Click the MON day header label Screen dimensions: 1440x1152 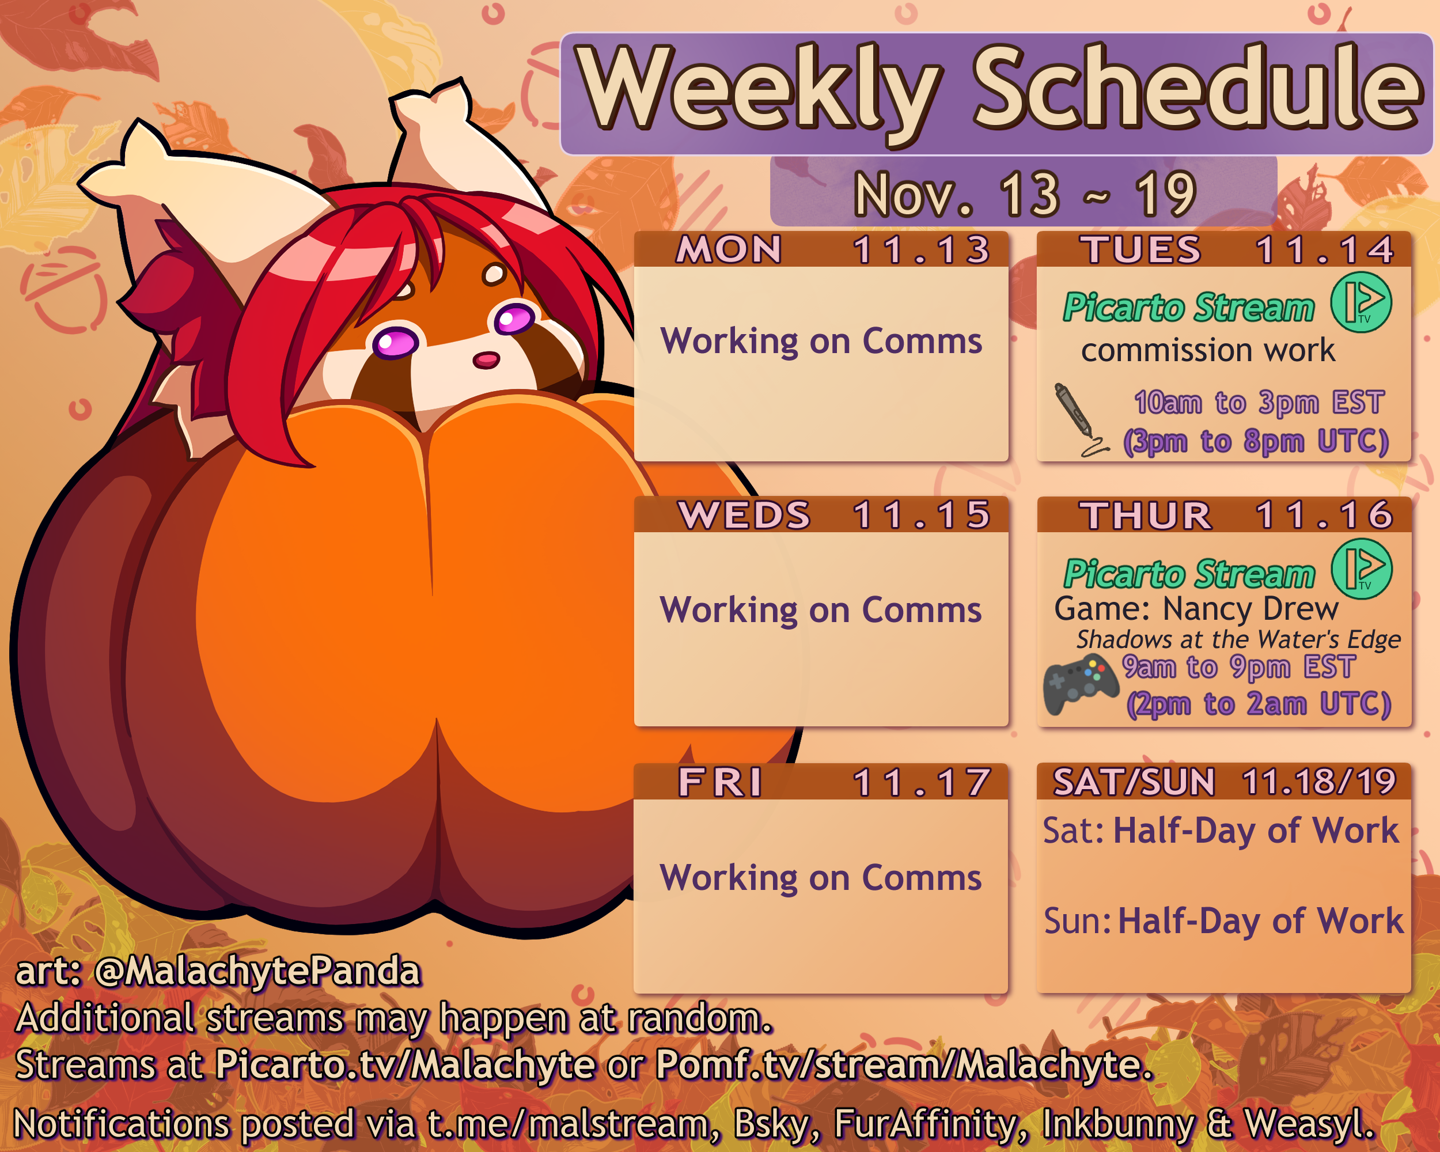pos(729,250)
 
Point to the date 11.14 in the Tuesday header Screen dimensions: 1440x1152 pos(1324,250)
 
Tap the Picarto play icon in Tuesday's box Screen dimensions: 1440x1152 pos(1361,302)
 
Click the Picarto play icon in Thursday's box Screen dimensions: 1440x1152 pos(1362,569)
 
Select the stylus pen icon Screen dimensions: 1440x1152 pos(1080,419)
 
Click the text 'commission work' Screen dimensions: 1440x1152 pos(1207,351)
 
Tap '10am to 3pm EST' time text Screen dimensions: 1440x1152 pos(1259,402)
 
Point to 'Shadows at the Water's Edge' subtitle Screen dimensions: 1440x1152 pos(1238,640)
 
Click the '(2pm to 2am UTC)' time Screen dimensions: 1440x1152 pos(1259,704)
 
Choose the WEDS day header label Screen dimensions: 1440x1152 pos(744,515)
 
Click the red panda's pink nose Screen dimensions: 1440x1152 pos(486,360)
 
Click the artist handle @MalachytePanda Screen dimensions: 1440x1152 pos(257,971)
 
